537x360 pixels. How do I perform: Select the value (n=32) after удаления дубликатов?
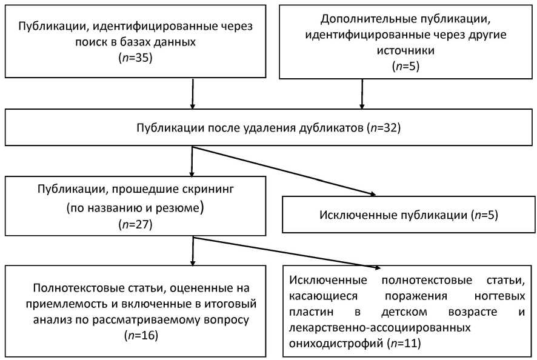click(384, 128)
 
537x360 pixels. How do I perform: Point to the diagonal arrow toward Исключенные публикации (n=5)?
click(285, 171)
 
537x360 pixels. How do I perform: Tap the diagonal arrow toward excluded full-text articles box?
click(285, 252)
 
